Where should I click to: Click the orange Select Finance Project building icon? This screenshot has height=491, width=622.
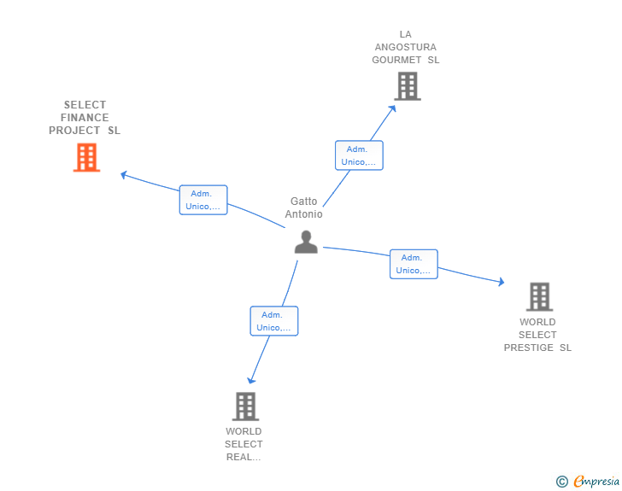pos(86,158)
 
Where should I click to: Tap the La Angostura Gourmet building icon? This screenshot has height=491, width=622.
pos(408,86)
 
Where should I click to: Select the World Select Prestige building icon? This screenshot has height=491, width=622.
pos(539,296)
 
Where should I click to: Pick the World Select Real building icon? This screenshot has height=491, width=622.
pos(245,406)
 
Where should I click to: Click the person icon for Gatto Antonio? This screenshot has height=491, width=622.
pos(306,242)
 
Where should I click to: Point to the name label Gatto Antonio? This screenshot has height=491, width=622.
pos(304,208)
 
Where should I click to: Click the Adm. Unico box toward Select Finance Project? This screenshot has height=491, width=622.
pos(203,200)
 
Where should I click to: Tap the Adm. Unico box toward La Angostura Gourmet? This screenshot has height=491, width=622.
pos(359,155)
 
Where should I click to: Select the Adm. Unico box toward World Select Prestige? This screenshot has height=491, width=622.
pos(414,264)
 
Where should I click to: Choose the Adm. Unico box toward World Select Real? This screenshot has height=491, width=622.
pos(274,321)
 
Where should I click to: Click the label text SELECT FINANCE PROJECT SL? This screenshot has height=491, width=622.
pos(85,118)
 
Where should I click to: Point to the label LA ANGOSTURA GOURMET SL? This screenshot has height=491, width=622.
pos(406,47)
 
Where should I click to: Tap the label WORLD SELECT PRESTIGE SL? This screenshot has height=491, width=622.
pos(537,335)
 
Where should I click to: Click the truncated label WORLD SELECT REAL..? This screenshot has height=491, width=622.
pos(244,444)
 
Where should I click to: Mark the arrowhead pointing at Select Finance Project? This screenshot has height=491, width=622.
pos(124,174)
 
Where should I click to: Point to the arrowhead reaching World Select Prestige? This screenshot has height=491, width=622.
pos(501,282)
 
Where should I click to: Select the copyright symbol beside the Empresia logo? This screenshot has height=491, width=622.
pos(562,482)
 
